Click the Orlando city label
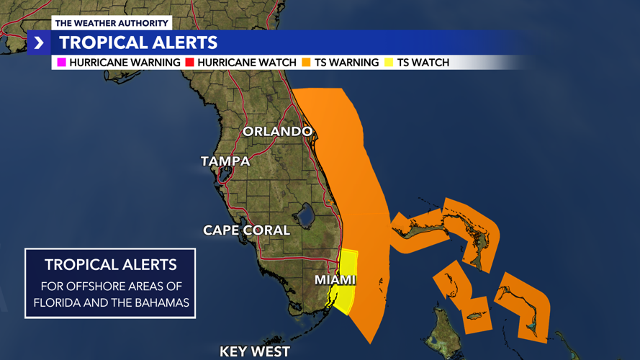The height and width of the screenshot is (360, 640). [x=277, y=132]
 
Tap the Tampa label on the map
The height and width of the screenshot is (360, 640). [x=225, y=161]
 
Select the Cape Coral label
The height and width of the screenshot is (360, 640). [x=246, y=230]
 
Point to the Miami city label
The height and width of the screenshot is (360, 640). [x=335, y=279]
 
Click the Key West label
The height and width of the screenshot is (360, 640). [x=255, y=352]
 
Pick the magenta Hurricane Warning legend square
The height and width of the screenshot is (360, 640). [x=62, y=63]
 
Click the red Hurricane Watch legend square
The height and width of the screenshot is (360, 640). [x=190, y=63]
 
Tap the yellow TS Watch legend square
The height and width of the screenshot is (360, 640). [x=390, y=63]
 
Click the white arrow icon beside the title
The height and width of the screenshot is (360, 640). [x=39, y=43]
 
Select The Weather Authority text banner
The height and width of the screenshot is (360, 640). [x=112, y=23]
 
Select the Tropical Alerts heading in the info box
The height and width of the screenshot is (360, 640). [x=110, y=264]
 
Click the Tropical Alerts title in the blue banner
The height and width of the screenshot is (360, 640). [x=138, y=43]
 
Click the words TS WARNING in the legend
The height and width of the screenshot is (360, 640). [x=346, y=63]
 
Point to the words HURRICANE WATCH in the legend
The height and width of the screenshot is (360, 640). [x=247, y=63]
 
